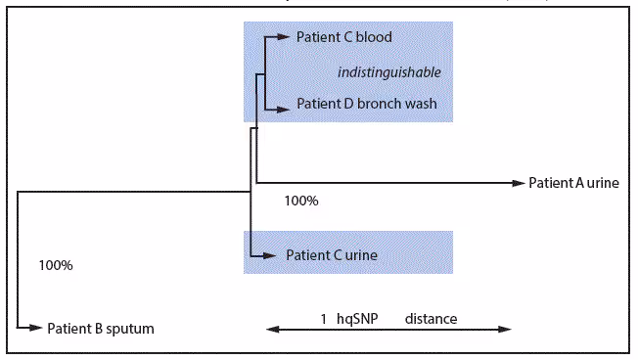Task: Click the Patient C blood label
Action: pos(343,38)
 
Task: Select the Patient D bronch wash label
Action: pos(366,104)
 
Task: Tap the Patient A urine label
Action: pos(573,182)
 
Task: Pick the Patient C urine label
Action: pos(332,254)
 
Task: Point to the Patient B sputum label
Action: pos(101,328)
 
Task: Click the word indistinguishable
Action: pos(389,71)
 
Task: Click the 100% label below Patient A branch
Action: pos(300,202)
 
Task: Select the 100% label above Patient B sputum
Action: pos(56,265)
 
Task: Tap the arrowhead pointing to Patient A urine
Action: pos(520,182)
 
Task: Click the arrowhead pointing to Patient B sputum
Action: pos(38,328)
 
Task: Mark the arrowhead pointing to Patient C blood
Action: pos(286,38)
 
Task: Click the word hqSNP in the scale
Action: pos(358,319)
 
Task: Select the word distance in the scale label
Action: pos(431,319)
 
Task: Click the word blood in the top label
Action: pos(374,38)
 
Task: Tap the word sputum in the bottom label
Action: pos(127,328)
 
